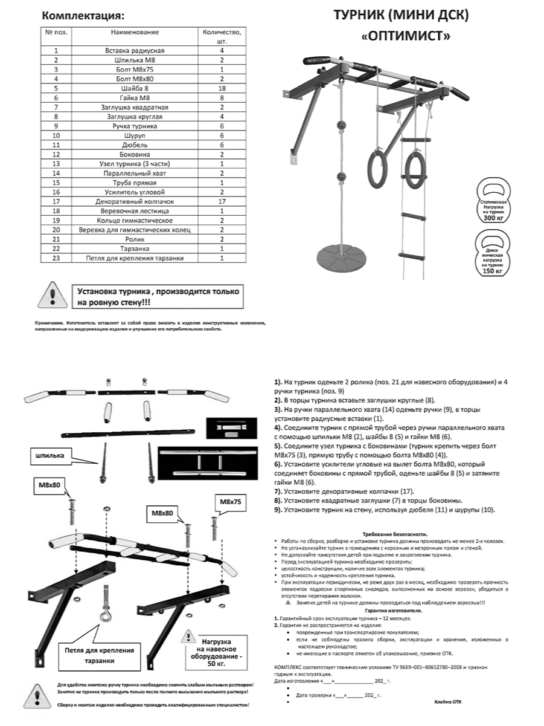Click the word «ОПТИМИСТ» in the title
405,36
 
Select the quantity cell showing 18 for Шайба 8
222,88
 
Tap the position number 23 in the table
56,258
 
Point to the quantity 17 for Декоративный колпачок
222,201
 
